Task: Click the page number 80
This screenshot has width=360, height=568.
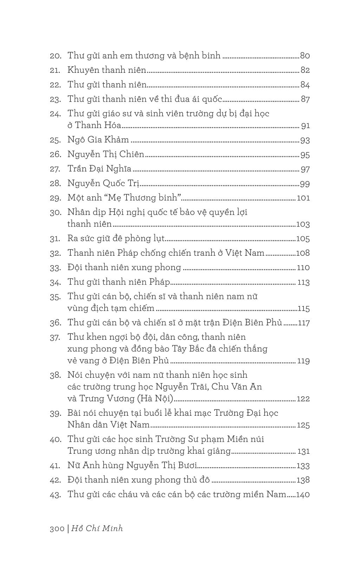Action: coord(305,56)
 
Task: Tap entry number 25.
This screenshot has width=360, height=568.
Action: coord(55,140)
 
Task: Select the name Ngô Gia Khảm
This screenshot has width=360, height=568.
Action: coord(98,140)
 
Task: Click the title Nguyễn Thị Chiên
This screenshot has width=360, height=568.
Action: coord(106,154)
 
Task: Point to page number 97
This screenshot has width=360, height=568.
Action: coord(305,169)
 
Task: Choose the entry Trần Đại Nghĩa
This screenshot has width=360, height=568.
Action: coord(99,169)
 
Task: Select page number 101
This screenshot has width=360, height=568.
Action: coord(303,198)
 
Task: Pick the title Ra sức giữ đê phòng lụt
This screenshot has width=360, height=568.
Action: coord(116,239)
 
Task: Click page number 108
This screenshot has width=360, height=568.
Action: coord(303,253)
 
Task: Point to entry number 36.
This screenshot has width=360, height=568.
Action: coord(55,323)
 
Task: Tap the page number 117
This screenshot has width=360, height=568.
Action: coord(303,323)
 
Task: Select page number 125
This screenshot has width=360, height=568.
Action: coord(303,425)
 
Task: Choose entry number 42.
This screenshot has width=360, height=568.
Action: coord(55,480)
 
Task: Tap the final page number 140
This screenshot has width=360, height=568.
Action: coord(303,494)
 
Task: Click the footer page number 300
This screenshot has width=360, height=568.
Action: coord(57,529)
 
